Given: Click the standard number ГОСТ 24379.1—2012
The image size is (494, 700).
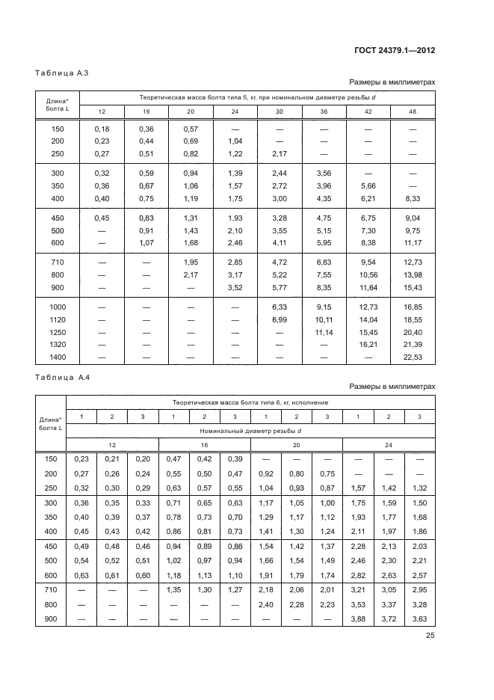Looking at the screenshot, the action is pos(395,51).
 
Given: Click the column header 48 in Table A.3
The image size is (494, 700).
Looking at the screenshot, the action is pos(413,111).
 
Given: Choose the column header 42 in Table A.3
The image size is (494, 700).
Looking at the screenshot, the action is pos(368,111).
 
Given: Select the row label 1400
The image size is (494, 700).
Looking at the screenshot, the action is pos(58,358).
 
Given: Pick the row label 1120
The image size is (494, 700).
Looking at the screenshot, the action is pos(58,319).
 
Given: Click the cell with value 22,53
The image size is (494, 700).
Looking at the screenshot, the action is pos(413,358).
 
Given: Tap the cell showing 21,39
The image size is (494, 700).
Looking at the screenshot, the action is pos(413,345).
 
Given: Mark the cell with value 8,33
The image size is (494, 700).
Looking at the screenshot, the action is pos(413,198).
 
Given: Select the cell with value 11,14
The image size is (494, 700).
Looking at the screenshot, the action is pos(324,332).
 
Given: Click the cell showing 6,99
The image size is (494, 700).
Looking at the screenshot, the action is pos(280,319).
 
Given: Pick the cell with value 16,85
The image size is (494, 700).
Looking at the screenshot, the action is pos(413,307).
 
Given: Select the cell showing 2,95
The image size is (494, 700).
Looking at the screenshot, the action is pos(419,590).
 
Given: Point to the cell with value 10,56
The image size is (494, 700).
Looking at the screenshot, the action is pos(368,274).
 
